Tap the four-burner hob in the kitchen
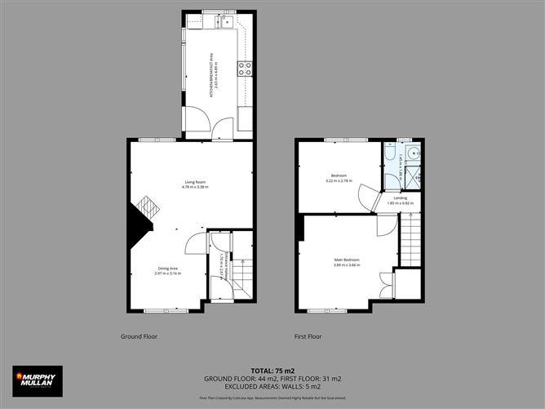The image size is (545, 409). tap(244, 69)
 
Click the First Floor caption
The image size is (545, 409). tap(308, 336)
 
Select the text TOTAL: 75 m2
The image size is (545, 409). tap(273, 370)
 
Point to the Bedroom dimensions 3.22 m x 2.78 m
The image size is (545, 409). tap(339, 180)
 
